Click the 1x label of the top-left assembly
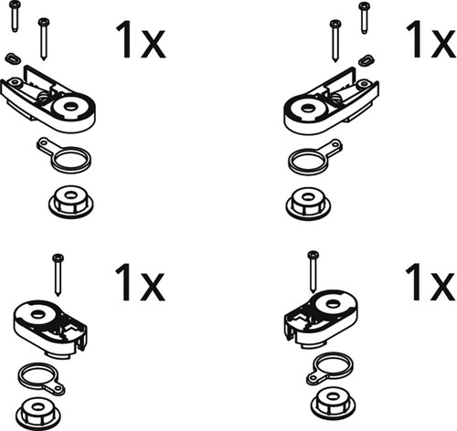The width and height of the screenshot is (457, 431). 141,40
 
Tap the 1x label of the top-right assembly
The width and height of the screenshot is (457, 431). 431,39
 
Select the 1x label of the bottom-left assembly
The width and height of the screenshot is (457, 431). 140,282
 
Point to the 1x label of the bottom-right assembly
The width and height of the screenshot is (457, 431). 430,282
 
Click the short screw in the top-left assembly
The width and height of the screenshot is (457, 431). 15,16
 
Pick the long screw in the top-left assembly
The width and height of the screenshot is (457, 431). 44,39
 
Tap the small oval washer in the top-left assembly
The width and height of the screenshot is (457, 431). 13,58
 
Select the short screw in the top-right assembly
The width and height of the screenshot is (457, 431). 364,17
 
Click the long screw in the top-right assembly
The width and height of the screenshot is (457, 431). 335,41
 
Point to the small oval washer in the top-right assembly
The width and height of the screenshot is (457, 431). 367,60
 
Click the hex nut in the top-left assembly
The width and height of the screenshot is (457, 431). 71,202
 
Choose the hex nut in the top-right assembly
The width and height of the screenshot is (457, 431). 308,204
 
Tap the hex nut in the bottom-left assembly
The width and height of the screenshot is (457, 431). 37,414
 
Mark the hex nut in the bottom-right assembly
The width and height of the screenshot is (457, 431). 334,403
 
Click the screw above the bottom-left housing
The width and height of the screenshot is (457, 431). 58,275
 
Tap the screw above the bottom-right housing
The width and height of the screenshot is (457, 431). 313,272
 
